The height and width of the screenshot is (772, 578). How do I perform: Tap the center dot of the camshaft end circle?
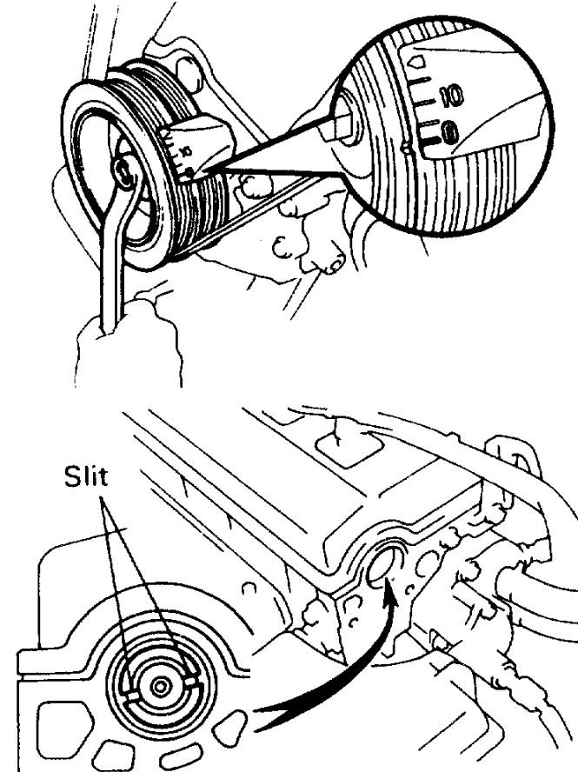(159, 687)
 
